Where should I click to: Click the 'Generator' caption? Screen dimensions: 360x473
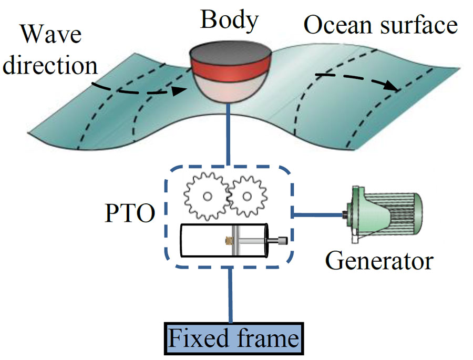point(378,260)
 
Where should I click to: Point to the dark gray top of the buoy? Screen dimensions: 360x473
point(230,53)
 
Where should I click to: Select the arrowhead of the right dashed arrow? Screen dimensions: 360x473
point(393,88)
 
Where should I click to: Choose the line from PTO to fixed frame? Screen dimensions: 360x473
point(230,294)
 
